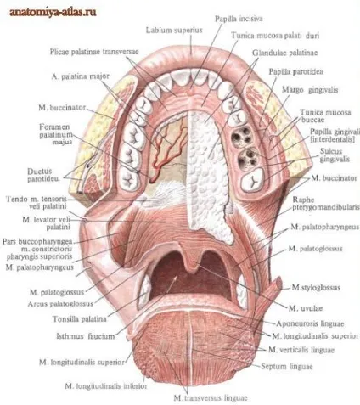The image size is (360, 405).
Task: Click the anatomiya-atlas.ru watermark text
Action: click(x=53, y=12)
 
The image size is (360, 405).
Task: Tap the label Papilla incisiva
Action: click(x=239, y=19)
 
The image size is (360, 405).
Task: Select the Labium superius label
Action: click(x=174, y=31)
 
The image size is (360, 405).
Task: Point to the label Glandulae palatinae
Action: click(x=285, y=53)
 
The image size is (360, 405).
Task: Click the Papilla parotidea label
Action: click(x=295, y=72)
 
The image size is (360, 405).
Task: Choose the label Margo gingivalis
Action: click(x=310, y=90)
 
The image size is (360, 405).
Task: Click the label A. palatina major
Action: click(x=81, y=76)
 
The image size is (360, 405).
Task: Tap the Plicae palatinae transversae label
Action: click(x=94, y=52)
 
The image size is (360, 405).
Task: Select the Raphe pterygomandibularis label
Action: click(x=325, y=204)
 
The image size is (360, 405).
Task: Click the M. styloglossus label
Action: click(x=316, y=288)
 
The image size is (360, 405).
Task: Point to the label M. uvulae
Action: click(x=306, y=308)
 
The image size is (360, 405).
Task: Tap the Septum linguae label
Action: click(x=287, y=367)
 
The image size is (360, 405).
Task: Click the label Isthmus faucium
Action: click(x=86, y=336)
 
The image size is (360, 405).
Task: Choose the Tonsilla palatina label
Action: click(x=80, y=319)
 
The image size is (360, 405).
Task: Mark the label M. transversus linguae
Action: click(x=211, y=398)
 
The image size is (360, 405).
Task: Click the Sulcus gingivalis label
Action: click(x=335, y=155)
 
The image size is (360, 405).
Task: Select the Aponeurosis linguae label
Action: click(x=310, y=323)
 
